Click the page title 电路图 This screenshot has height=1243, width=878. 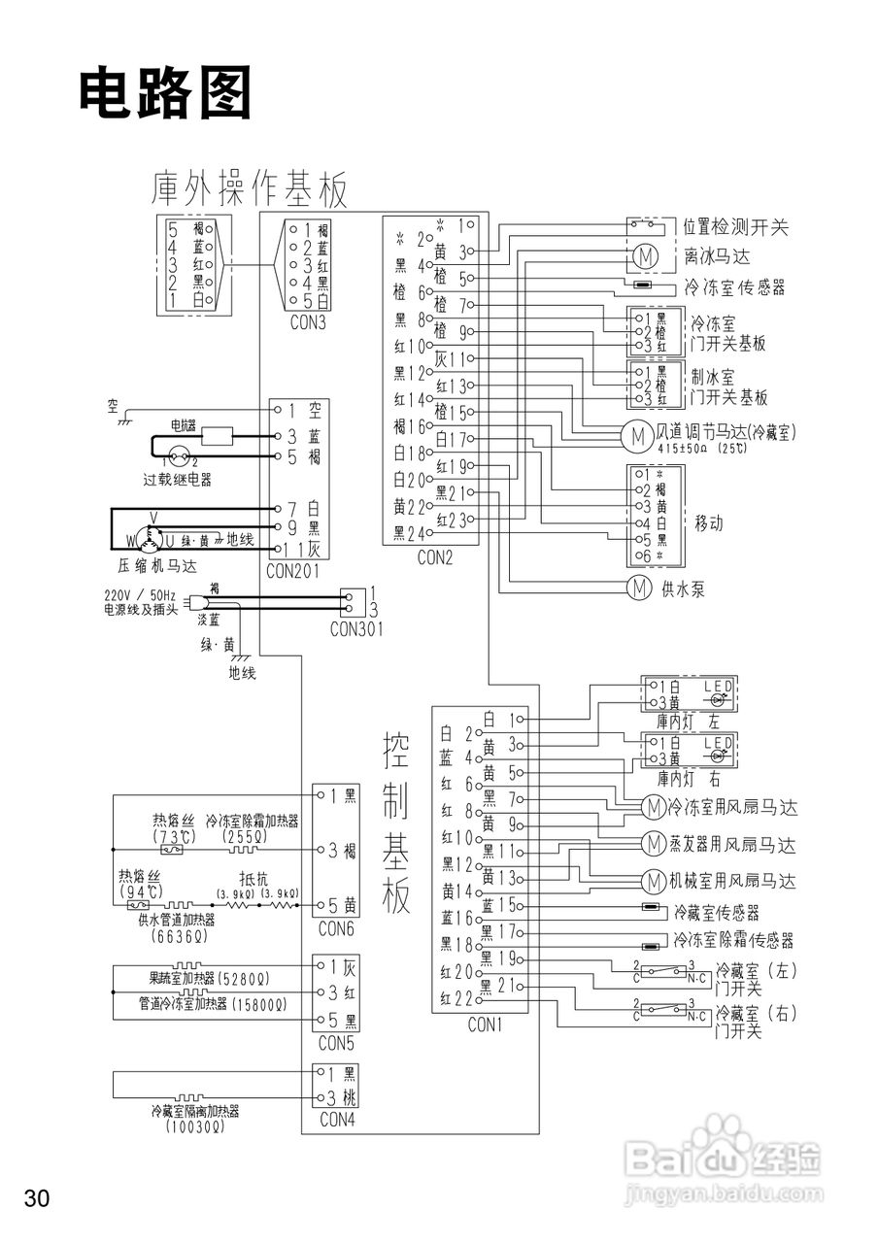click(165, 94)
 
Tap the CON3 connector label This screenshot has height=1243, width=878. click(308, 322)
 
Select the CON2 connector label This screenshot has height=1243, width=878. click(434, 557)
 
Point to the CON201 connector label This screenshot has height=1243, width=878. click(292, 572)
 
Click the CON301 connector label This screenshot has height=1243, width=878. click(355, 628)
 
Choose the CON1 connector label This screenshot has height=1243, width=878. click(485, 1024)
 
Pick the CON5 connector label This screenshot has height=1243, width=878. click(335, 1044)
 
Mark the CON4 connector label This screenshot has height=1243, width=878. click(335, 1120)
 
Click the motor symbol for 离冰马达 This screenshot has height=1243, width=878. click(644, 256)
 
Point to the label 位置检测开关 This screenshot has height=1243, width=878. click(735, 228)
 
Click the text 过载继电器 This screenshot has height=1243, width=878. click(177, 480)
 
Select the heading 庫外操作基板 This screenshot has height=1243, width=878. click(250, 188)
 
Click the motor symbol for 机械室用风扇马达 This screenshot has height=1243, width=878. click(652, 881)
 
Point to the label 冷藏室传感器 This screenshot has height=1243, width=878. click(717, 913)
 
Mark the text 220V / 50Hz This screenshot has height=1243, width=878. click(140, 595)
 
